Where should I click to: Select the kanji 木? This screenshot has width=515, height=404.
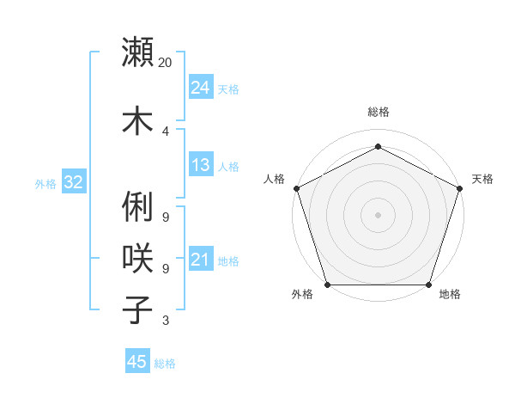pos(138,119)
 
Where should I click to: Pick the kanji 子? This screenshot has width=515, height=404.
pos(138,309)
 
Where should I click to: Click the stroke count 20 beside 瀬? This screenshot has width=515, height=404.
pos(166,63)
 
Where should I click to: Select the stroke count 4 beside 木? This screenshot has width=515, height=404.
pos(165,131)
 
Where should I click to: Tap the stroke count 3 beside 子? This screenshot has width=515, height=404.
pos(165,321)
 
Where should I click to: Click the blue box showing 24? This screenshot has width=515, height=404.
pos(200,87)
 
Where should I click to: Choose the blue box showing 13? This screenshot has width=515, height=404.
pos(200,165)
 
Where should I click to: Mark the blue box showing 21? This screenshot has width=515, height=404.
pos(200,260)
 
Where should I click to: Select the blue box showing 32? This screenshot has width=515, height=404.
pos(73,181)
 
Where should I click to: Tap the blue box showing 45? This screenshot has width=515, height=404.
pos(136,362)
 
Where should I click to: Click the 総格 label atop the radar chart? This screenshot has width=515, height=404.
pos(378,112)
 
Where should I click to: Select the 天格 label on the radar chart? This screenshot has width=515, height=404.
pos(482,179)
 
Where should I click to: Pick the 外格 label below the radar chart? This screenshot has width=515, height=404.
pos(302,295)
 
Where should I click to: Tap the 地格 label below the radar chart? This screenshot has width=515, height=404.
pos(450,295)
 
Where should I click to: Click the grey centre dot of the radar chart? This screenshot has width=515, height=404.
pos(378,214)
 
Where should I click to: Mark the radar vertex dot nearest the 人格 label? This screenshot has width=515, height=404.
pos(296,188)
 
